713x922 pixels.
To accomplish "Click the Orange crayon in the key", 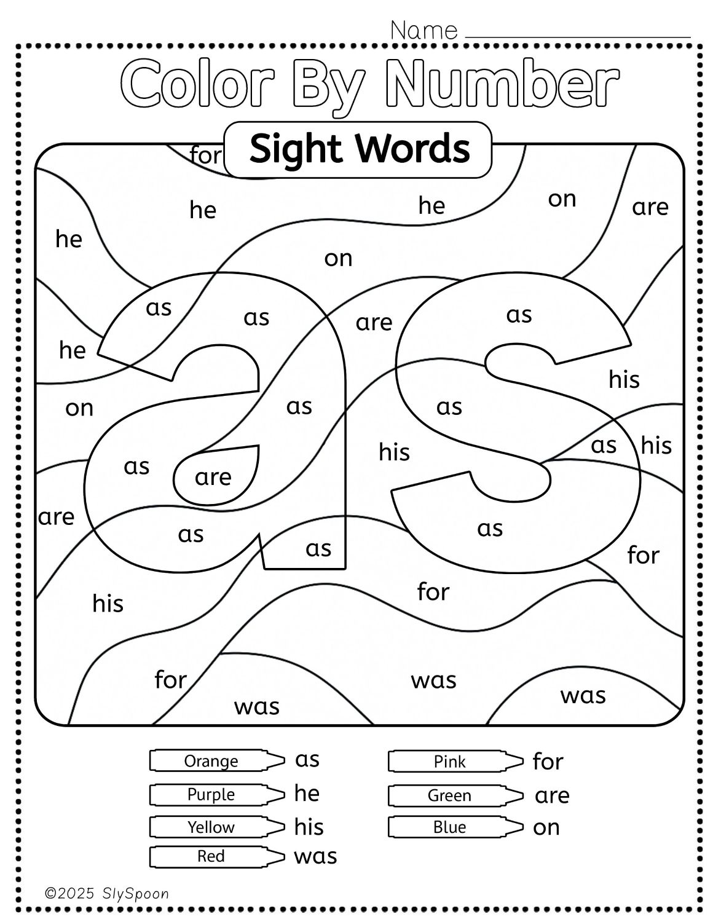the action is (217, 760).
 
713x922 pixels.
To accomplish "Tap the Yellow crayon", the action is (217, 827).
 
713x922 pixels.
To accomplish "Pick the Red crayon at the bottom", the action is (217, 856).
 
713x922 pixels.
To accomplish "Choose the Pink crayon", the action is (455, 761).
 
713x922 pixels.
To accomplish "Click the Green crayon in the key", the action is (455, 795).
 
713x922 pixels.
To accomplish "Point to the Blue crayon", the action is (455, 827).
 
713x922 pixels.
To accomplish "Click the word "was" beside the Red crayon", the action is (315, 856).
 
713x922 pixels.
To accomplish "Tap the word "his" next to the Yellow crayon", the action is (309, 827).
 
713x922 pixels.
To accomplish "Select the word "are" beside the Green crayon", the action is (552, 796).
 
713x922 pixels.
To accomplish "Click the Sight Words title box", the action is (358, 149).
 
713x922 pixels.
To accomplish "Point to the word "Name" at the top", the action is (423, 31).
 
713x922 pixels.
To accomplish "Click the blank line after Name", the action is (578, 37).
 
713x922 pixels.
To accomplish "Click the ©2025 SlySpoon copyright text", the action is (107, 894).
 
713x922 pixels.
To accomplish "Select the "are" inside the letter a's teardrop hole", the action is (213, 478).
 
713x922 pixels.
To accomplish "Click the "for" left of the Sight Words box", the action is (206, 155).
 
